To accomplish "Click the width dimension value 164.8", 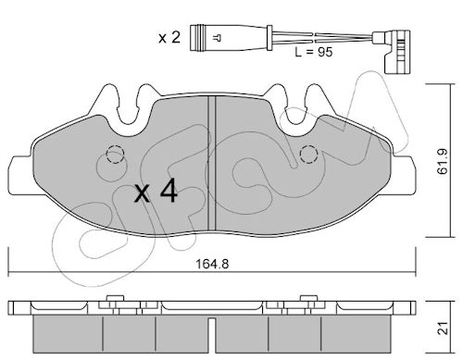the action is coord(212,264).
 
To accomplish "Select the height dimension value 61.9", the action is coord(443,162).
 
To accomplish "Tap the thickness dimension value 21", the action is coord(444,328).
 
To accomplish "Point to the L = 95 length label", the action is coord(314,52).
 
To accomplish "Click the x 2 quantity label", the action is coord(169,38).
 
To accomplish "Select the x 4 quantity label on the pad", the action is coord(156,192).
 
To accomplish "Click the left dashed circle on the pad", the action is coord(115,154).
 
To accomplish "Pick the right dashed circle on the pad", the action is coord(308,154).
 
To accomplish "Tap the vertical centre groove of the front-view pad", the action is coord(212,164).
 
